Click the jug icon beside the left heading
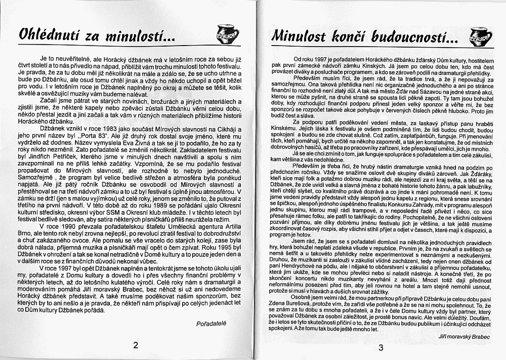point(224,34)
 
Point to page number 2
point(135,345)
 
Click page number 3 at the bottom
point(381,347)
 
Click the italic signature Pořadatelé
point(212,322)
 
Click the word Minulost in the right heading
point(296,35)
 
